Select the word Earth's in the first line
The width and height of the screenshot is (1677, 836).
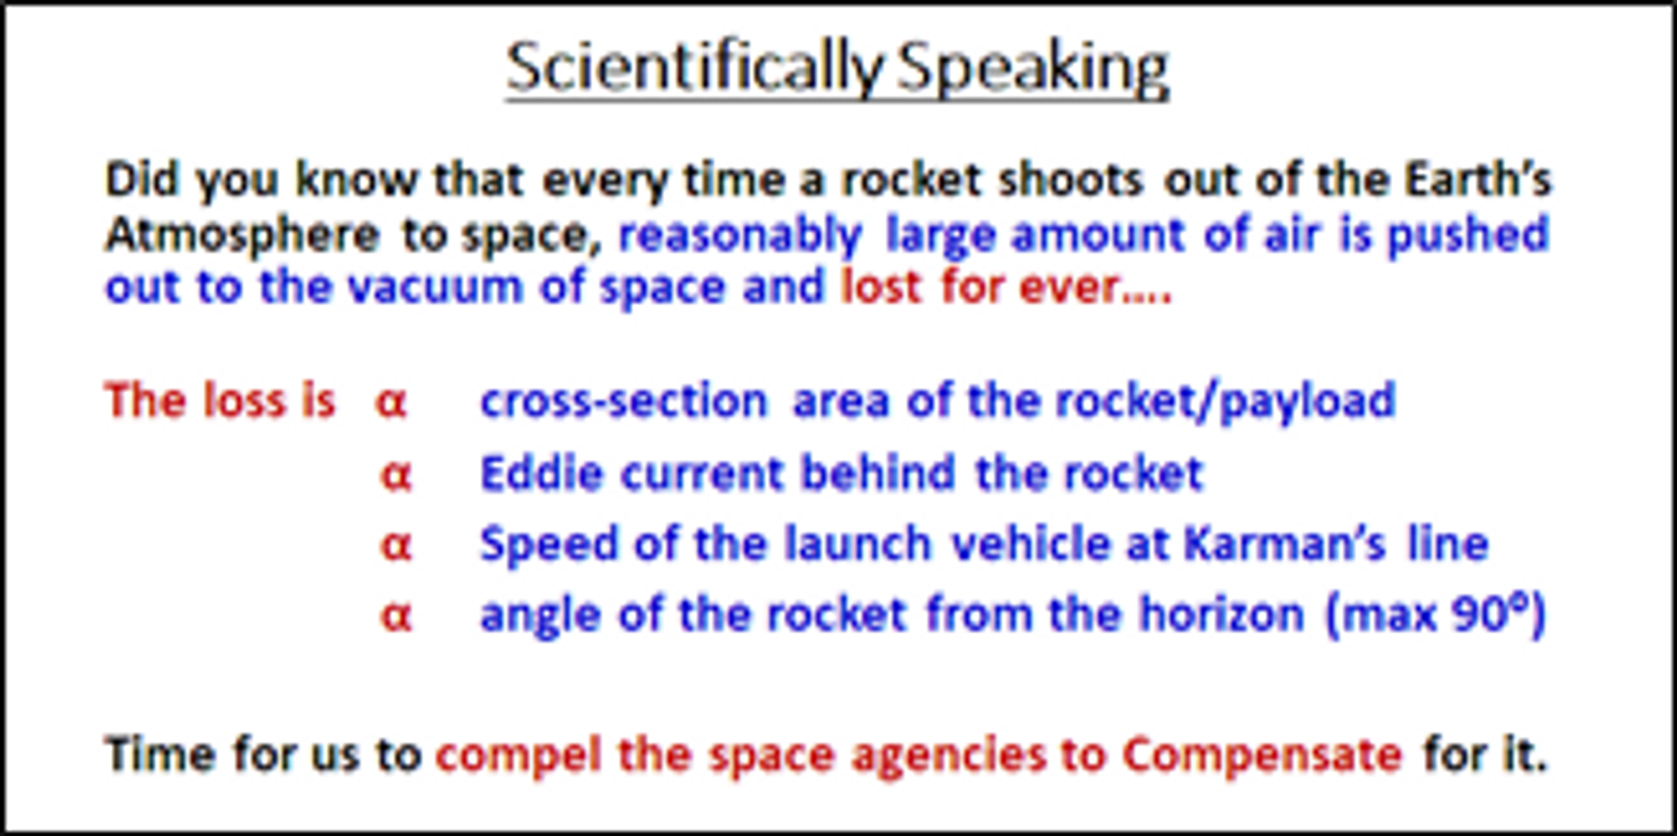[1477, 179]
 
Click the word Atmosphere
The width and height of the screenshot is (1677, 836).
[243, 234]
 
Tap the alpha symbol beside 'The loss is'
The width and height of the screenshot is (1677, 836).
[391, 403]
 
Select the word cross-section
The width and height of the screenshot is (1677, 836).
[624, 401]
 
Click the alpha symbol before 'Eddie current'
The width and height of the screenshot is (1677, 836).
[396, 476]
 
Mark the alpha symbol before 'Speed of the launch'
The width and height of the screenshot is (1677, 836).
[396, 546]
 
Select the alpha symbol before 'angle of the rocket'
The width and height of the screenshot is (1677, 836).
[396, 617]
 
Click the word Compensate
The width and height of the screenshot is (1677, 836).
[1262, 755]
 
